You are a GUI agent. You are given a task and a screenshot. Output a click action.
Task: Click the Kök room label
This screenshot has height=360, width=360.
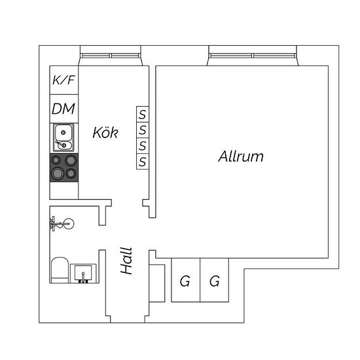click(x=105, y=132)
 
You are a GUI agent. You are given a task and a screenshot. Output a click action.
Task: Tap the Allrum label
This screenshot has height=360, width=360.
click(x=241, y=156)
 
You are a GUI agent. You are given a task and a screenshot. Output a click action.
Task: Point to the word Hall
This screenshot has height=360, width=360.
click(x=126, y=261)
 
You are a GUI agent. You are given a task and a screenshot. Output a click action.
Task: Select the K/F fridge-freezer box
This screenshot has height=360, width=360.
click(x=64, y=80)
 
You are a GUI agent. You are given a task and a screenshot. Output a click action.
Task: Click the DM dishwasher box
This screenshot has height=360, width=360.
click(x=64, y=109)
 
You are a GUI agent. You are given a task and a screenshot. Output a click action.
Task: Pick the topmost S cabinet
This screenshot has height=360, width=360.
click(x=143, y=115)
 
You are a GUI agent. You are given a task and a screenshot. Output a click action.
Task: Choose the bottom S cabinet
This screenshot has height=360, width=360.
click(x=143, y=162)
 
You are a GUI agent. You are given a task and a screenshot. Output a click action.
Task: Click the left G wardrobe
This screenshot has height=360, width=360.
click(x=186, y=280)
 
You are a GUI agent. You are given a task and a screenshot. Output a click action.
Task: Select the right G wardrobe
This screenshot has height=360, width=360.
click(x=215, y=280)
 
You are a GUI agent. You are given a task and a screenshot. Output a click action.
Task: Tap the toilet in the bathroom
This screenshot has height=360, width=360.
click(x=60, y=270)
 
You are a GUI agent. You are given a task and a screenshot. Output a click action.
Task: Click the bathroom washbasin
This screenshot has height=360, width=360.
click(x=83, y=273)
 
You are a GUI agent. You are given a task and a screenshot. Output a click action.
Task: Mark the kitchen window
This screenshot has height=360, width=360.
click(x=111, y=56)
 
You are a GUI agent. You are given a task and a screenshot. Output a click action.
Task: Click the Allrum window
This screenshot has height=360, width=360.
click(x=253, y=56)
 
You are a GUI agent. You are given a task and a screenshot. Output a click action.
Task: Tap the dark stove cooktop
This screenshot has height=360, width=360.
click(x=64, y=168)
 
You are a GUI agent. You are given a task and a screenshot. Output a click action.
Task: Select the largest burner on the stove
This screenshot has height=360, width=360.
click(x=58, y=173)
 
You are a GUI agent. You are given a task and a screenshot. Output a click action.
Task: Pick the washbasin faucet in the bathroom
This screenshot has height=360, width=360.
click(x=83, y=277)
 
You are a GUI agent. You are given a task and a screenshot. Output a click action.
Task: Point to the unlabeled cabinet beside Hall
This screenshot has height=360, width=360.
click(x=157, y=283)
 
